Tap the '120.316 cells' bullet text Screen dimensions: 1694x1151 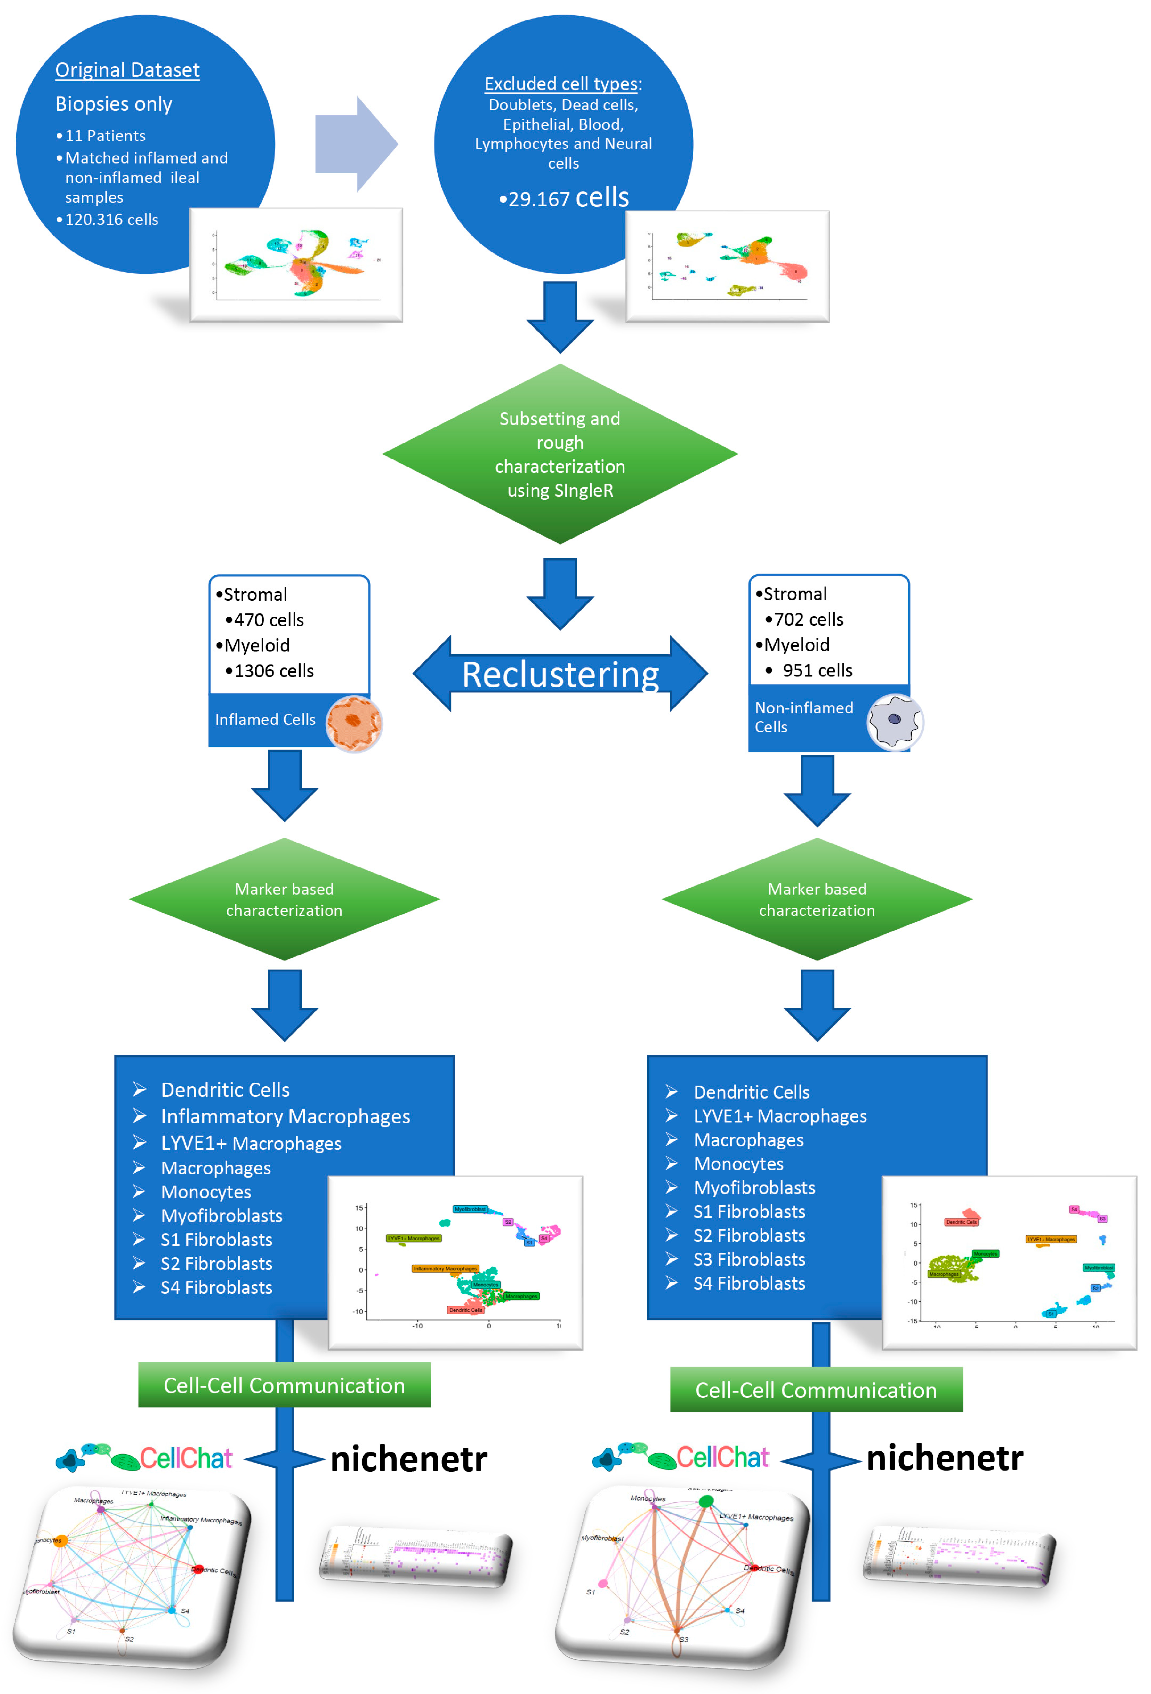click(111, 220)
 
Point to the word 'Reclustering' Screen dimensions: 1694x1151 click(560, 674)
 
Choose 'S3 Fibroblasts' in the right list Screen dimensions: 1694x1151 click(749, 1259)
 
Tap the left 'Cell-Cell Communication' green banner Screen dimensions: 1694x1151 click(284, 1385)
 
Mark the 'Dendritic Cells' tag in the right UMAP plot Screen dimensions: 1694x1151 click(961, 1222)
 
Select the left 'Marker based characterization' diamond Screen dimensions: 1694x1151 click(284, 899)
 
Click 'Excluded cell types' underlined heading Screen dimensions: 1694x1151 click(561, 84)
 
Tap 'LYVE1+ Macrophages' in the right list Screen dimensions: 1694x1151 click(779, 1116)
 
